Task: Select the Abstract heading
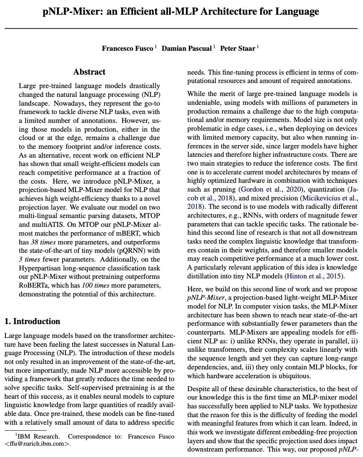89,72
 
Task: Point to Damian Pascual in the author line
187,48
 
